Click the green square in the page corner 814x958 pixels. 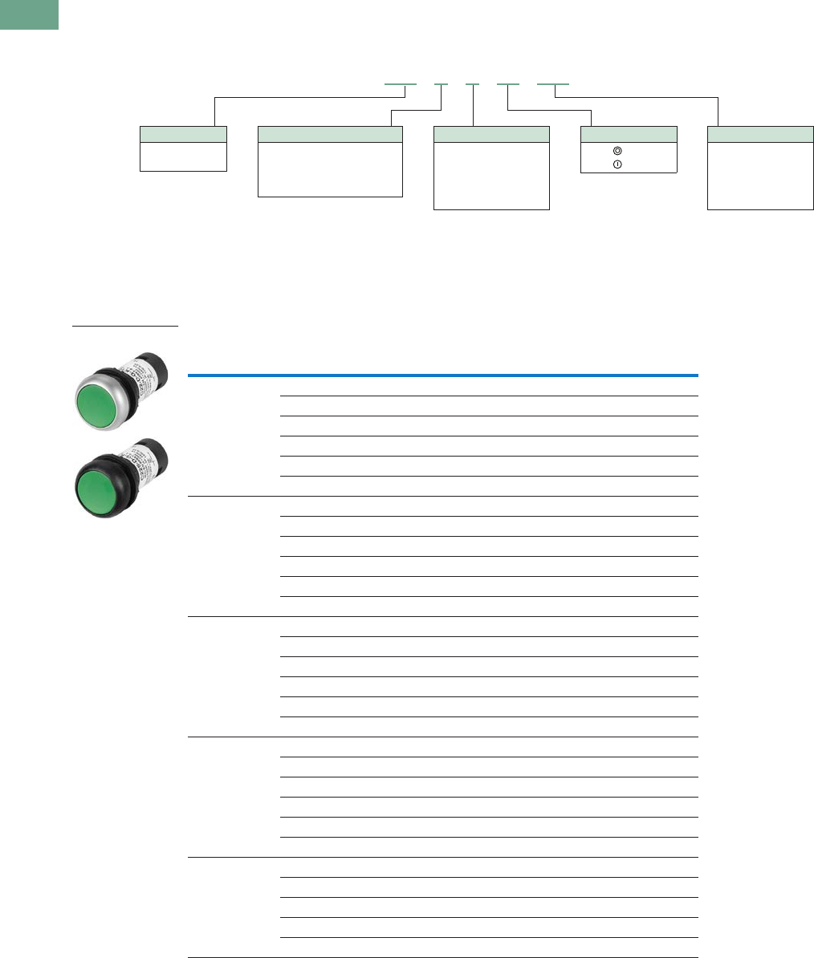29,14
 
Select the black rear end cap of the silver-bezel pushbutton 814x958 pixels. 155,366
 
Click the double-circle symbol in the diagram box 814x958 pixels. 617,151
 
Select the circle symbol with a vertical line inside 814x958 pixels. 617,164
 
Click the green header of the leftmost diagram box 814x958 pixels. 183,134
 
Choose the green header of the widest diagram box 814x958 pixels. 329,134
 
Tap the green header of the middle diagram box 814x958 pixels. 491,134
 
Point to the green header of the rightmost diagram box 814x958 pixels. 760,134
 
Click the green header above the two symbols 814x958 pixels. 629,134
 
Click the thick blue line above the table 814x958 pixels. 442,375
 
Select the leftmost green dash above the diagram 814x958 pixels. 401,83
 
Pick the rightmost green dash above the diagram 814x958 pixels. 552,83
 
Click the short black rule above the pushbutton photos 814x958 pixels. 124,327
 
